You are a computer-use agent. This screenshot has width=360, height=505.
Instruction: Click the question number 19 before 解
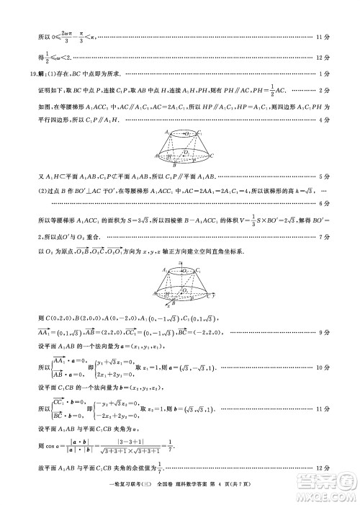(x=33, y=73)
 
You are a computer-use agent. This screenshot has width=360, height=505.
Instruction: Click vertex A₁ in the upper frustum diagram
(x=166, y=133)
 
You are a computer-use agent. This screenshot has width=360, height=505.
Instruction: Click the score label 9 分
(x=325, y=333)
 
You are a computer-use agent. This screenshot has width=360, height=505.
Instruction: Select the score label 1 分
(x=325, y=73)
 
